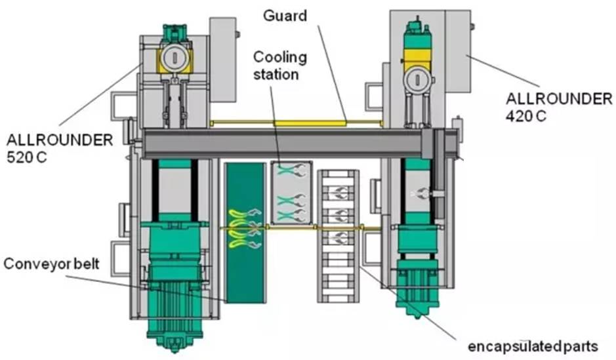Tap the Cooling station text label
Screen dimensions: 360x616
280,66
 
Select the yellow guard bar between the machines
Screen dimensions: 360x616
295,122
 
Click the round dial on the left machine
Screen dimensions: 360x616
174,57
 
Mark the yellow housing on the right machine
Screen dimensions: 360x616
417,56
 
